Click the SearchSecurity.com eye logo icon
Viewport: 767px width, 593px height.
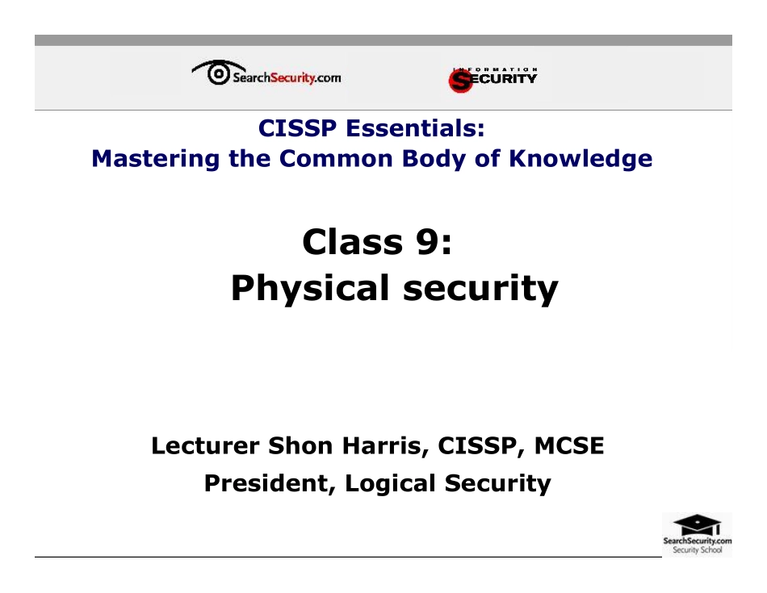[216, 73]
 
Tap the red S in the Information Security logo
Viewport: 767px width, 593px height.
[460, 79]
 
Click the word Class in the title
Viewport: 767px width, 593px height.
[354, 241]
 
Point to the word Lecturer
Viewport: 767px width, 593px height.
[205, 445]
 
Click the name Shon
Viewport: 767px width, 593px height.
[300, 445]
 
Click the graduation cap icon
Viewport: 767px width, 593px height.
[697, 523]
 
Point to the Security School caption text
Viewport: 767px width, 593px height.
[697, 550]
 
